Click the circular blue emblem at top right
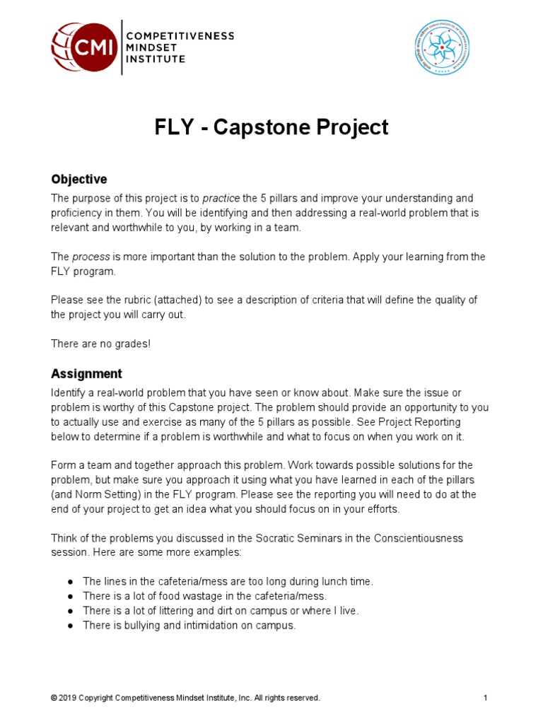(442, 47)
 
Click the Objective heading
(78, 179)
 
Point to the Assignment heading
(86, 373)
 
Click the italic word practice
(222, 198)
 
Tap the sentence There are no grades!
(100, 344)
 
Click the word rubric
(123, 300)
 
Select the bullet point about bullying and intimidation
(189, 626)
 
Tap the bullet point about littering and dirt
(221, 611)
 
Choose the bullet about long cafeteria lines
(227, 581)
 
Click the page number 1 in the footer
(486, 698)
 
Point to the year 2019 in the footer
(67, 698)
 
